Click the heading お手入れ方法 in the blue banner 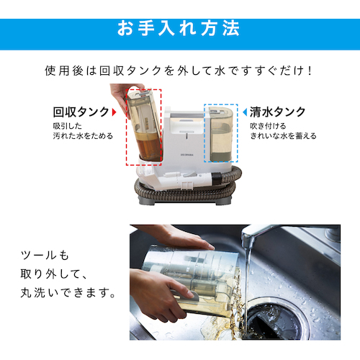(179, 28)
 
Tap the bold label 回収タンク (81, 112)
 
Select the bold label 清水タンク (278, 112)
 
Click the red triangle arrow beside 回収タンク (114, 112)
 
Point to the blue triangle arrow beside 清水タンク (245, 112)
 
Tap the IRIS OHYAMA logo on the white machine (187, 155)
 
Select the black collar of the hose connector (217, 179)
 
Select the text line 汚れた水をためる (83, 136)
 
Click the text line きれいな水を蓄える (283, 136)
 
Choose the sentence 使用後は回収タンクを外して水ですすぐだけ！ (179, 71)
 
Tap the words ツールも (45, 255)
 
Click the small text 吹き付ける (268, 126)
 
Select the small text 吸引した (68, 126)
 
